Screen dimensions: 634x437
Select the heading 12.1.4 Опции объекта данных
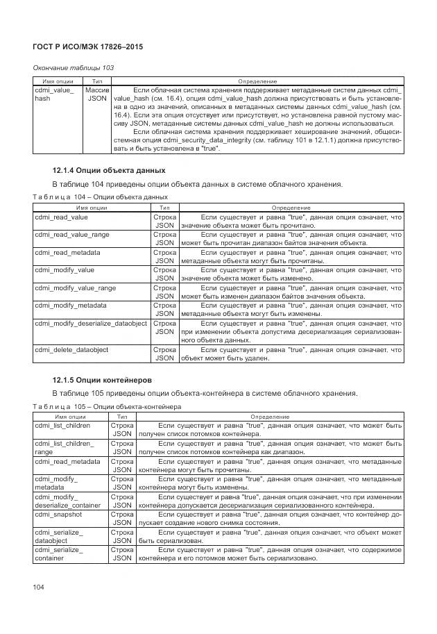pos(109,170)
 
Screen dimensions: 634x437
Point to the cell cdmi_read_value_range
pos(72,235)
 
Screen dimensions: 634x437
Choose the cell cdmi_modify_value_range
pos(76,287)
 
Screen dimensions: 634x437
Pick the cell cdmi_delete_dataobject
pos(71,349)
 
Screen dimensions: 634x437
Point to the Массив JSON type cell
pos(96,94)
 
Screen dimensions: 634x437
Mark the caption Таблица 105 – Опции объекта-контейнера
pos(107,406)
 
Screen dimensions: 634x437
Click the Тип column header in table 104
pos(164,207)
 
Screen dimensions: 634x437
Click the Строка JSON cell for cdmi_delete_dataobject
pos(164,353)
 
